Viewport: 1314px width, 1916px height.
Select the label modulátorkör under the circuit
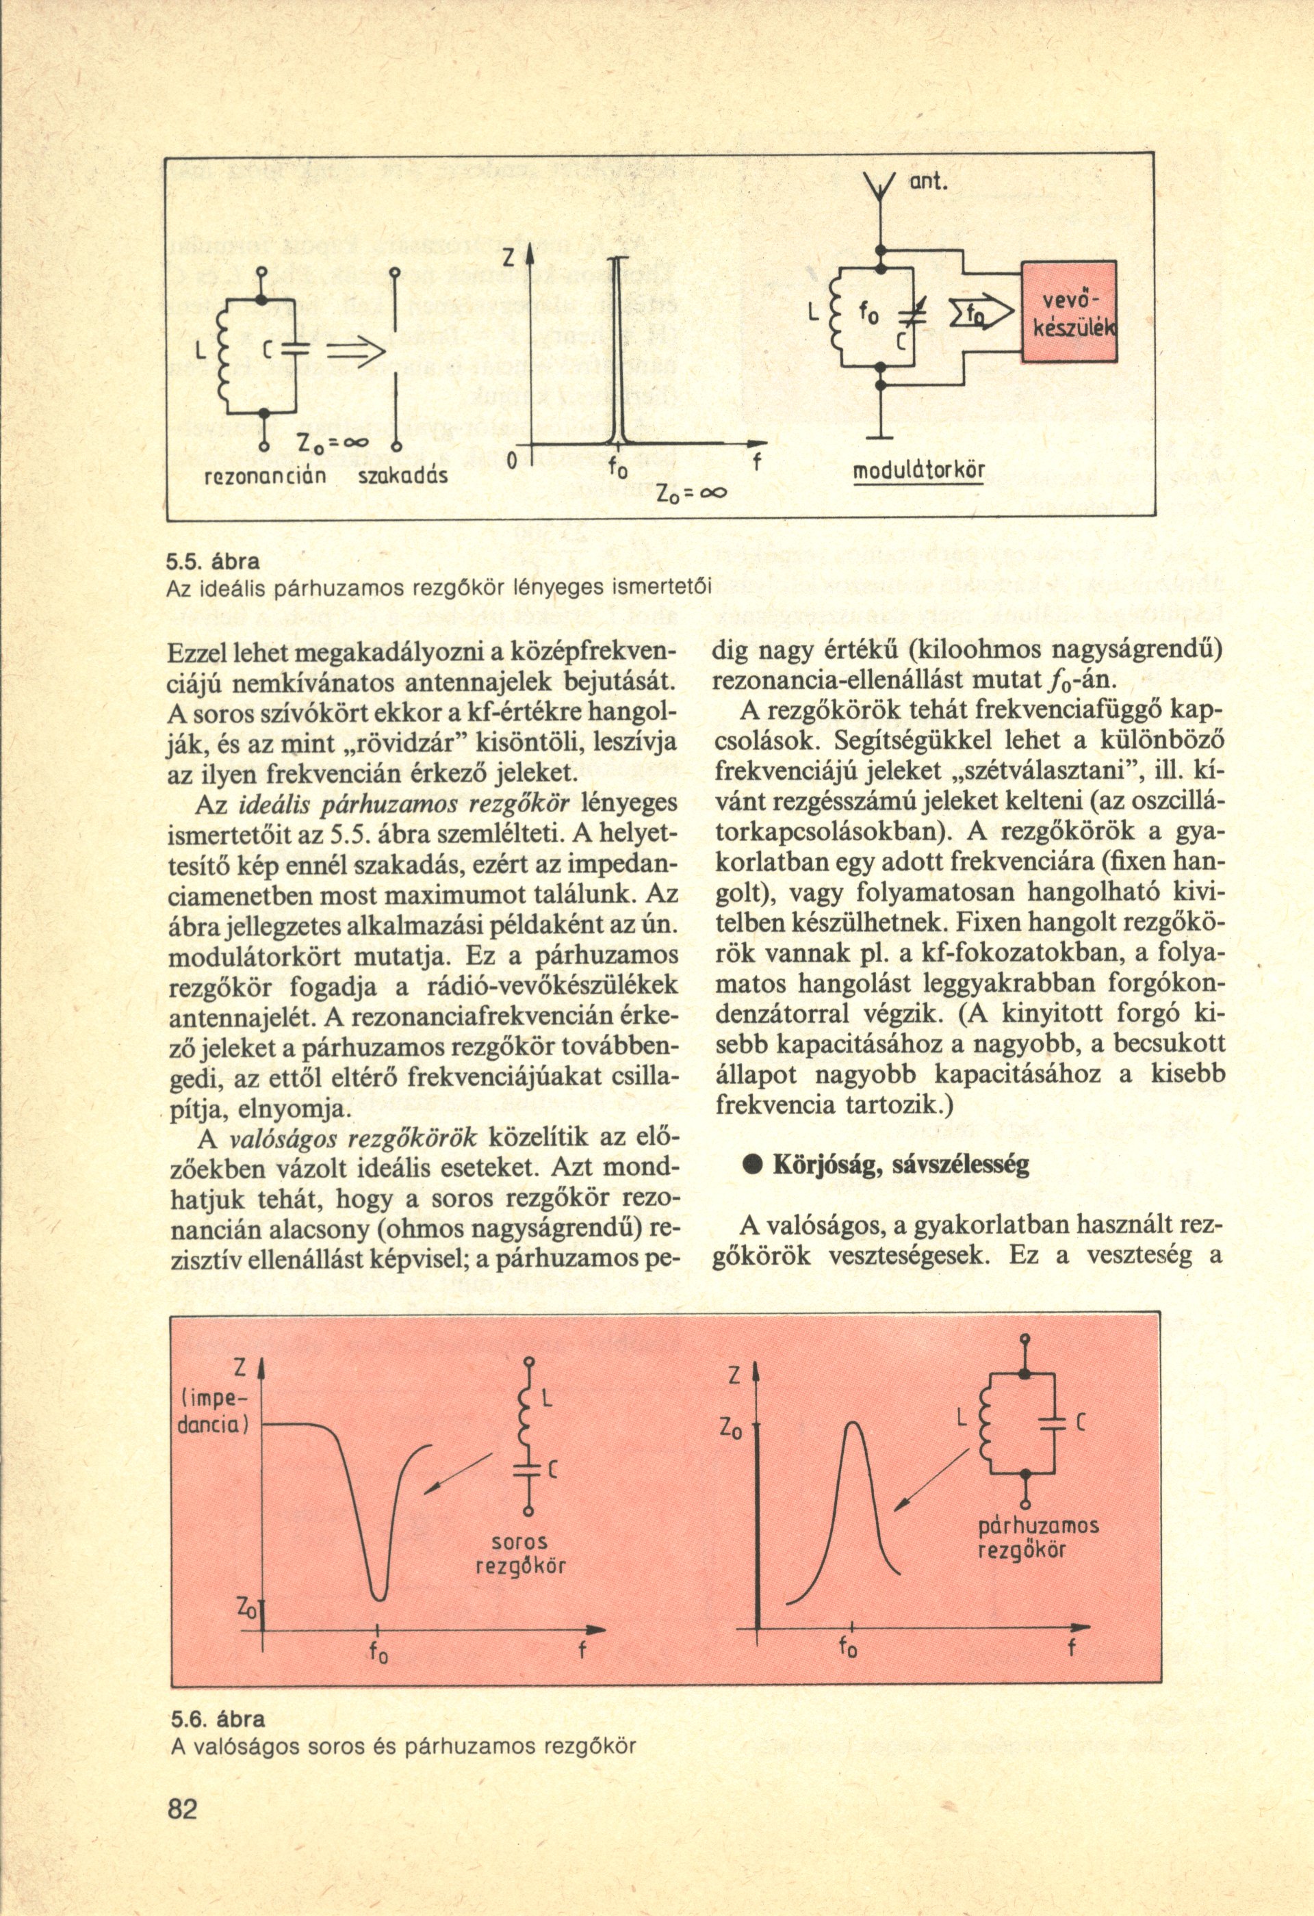(x=920, y=474)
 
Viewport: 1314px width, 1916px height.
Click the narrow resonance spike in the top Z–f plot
(x=616, y=354)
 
